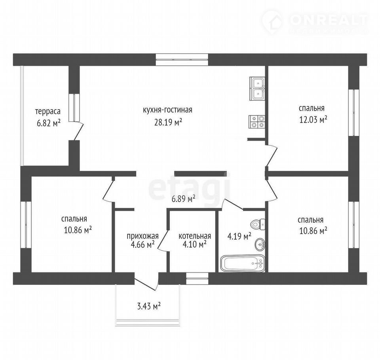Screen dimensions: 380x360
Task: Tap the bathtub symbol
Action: [x=243, y=263]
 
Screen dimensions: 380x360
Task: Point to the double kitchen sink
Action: [x=257, y=89]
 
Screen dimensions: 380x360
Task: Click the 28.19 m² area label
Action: [x=168, y=122]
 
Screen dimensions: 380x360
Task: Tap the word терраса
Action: [x=48, y=112]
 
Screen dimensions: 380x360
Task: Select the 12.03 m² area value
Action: [x=313, y=119]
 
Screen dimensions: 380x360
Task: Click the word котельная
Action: [x=195, y=236]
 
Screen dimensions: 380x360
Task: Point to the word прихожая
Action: [x=143, y=236]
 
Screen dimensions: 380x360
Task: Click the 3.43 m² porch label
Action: [x=149, y=307]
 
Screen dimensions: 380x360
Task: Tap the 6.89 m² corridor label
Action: [x=183, y=199]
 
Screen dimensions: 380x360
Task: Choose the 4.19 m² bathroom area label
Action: [x=239, y=236]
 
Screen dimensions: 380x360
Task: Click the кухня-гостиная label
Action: [x=167, y=110]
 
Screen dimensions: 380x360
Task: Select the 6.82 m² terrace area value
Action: [x=48, y=123]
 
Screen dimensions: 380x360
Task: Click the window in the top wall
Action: [x=182, y=60]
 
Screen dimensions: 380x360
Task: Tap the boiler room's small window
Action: [x=197, y=279]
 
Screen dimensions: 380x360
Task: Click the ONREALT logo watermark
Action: [x=315, y=21]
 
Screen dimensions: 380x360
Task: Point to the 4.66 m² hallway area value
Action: [x=143, y=245]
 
